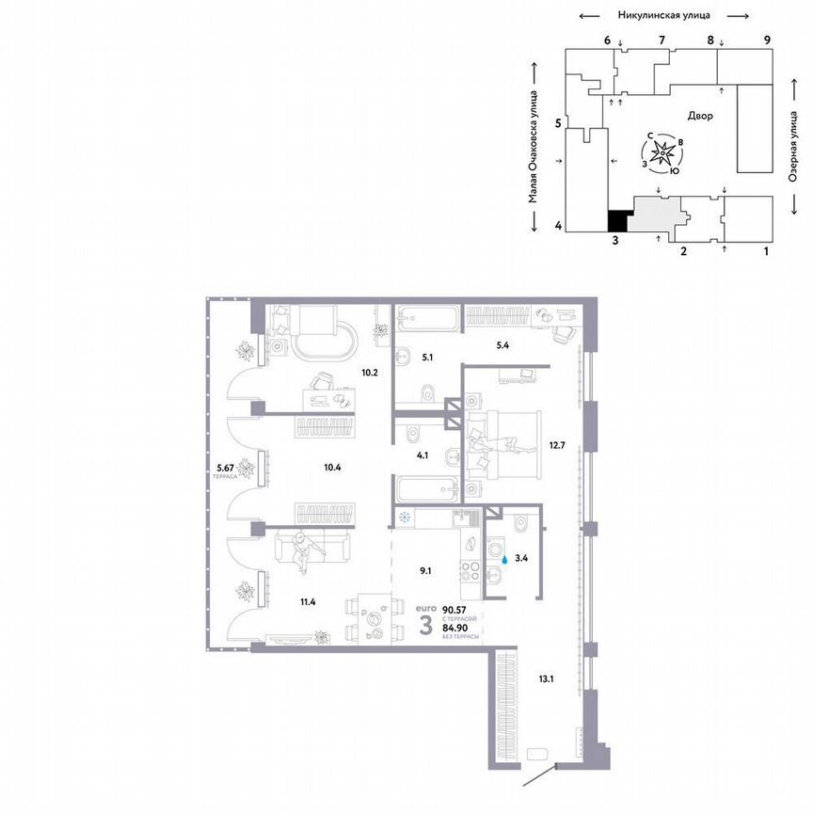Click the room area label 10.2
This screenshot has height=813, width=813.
click(x=370, y=372)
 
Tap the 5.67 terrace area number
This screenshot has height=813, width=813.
click(x=223, y=464)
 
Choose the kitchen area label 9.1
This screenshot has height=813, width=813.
click(x=425, y=569)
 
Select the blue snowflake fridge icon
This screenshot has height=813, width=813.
click(x=406, y=517)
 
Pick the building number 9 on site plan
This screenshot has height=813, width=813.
click(x=768, y=40)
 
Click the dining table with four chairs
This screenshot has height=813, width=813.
click(x=372, y=620)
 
